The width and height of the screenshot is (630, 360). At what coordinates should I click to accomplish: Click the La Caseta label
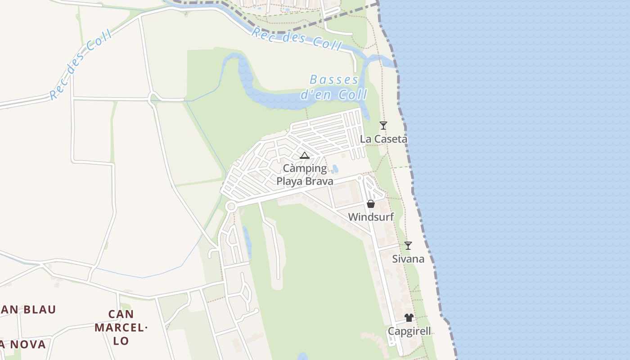(383, 139)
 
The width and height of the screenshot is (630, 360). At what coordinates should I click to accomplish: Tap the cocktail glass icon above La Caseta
(383, 126)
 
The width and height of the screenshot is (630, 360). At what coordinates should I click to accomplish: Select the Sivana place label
(408, 259)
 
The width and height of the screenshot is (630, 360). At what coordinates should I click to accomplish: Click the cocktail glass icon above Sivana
(408, 246)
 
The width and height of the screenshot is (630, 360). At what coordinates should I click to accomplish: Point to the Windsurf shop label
(371, 217)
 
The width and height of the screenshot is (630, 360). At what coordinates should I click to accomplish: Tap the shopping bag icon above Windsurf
(371, 204)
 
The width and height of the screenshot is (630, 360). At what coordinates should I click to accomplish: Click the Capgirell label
(409, 331)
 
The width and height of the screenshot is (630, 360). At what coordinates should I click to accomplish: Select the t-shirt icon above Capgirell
(409, 318)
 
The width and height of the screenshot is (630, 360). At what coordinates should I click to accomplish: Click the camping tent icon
(305, 156)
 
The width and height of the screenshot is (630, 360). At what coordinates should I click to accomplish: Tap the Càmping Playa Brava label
(305, 175)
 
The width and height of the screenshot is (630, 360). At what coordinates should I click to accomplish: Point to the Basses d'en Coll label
(334, 87)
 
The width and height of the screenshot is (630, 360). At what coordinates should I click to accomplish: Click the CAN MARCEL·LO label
(121, 327)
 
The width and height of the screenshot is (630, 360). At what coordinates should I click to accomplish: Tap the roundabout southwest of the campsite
(231, 207)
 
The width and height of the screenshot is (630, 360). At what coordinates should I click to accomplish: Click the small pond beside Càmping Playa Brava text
(334, 169)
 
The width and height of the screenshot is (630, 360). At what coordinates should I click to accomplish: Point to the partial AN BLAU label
(28, 310)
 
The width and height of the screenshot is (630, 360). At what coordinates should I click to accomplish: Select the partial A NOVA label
(22, 345)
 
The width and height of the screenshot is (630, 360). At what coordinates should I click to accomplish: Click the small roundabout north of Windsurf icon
(359, 178)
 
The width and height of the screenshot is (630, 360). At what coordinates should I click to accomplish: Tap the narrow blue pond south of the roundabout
(247, 237)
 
